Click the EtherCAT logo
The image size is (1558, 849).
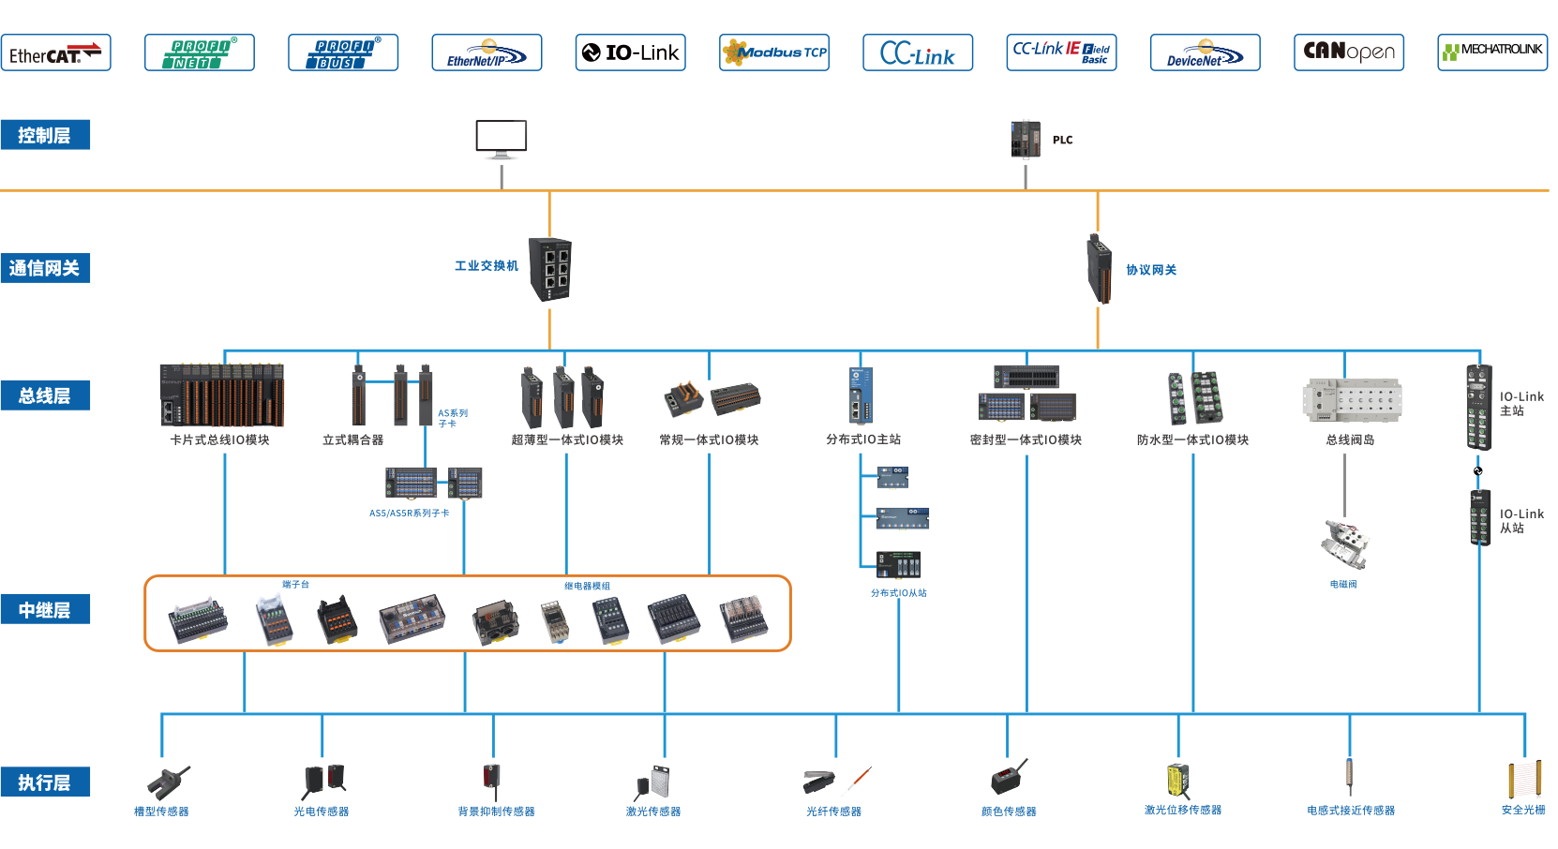tap(56, 53)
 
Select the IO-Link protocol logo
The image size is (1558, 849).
tap(630, 53)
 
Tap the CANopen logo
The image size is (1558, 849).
tap(1348, 52)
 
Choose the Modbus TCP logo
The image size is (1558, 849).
tap(774, 53)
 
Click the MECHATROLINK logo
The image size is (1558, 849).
tap(1491, 52)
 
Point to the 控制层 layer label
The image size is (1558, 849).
tap(45, 135)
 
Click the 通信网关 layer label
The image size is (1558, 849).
tap(45, 268)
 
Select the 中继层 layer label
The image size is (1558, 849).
tap(45, 610)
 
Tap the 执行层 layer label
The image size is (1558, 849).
tap(45, 782)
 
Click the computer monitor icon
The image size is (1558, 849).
tap(502, 139)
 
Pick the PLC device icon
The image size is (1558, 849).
tap(1026, 139)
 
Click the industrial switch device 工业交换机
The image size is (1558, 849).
tap(550, 269)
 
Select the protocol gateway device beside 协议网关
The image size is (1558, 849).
tap(1100, 269)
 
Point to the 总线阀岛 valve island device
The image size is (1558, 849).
tap(1351, 399)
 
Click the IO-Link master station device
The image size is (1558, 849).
tap(1478, 407)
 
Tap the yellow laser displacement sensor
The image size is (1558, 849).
tap(1178, 780)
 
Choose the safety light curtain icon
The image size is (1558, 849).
tap(1523, 780)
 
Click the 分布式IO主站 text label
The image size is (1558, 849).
tap(863, 439)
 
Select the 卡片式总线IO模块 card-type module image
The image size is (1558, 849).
tap(221, 395)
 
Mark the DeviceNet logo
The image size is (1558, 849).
tap(1205, 53)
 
